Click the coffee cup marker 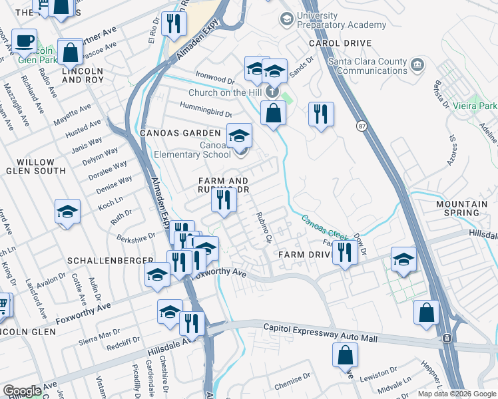(25, 41)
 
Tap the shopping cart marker (3, 305)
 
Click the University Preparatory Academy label (342, 21)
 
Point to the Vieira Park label (481, 106)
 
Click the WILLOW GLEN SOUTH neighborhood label (36, 166)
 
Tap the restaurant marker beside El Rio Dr (174, 24)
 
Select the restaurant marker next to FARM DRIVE (344, 251)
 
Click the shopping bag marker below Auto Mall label (346, 355)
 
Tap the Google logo (22, 391)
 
